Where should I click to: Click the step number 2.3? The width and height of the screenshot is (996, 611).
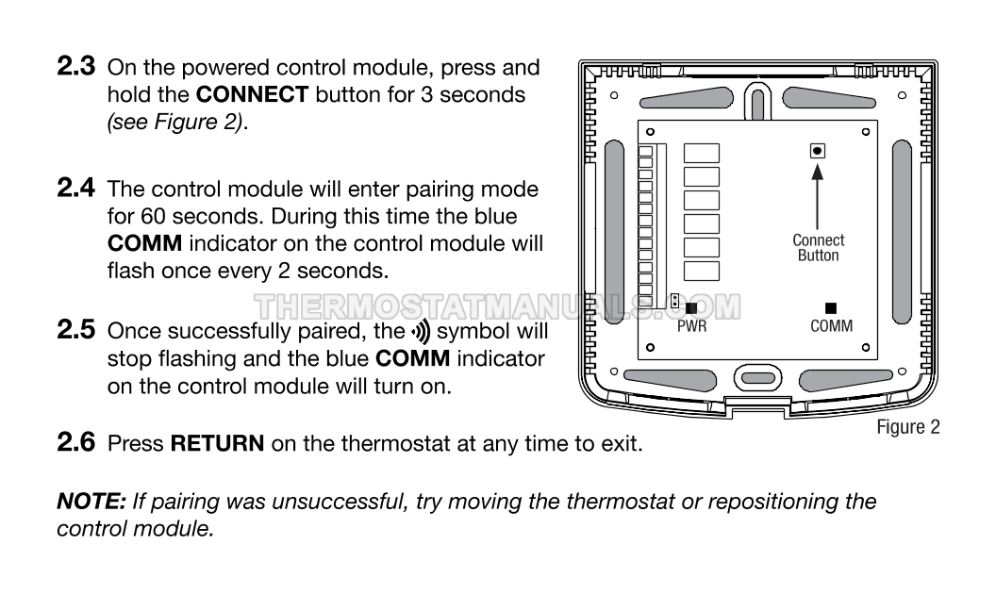coord(77,68)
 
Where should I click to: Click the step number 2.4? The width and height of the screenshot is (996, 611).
coord(77,190)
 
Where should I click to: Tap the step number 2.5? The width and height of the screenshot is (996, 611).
coord(77,331)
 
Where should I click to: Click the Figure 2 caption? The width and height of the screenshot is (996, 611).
coord(907,428)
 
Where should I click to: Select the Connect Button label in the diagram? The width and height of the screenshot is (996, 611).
coord(818,248)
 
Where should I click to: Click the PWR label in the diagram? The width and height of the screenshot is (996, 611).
coord(691,326)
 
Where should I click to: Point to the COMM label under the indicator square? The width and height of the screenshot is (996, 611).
coord(831,326)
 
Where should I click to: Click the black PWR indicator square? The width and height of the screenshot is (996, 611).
coord(691,307)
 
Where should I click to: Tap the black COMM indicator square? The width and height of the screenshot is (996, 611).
coord(831,307)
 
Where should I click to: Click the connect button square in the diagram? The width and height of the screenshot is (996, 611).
coord(818,151)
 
